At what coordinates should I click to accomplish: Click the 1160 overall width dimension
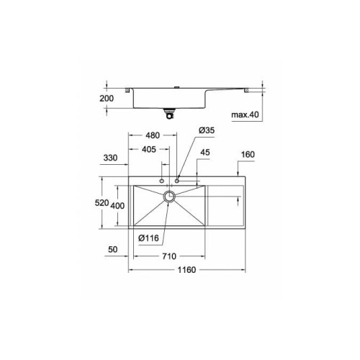click(x=186, y=270)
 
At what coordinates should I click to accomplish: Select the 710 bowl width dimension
click(x=169, y=256)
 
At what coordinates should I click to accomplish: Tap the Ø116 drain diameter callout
click(x=148, y=238)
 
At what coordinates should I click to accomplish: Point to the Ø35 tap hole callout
click(x=207, y=130)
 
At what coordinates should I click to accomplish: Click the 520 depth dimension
click(x=102, y=203)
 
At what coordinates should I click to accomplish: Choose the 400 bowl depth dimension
click(x=117, y=206)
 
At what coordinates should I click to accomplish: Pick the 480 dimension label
click(x=153, y=135)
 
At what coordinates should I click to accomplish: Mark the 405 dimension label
click(x=149, y=150)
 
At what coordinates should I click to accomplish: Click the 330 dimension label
click(x=110, y=158)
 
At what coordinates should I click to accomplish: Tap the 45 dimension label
click(x=205, y=153)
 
